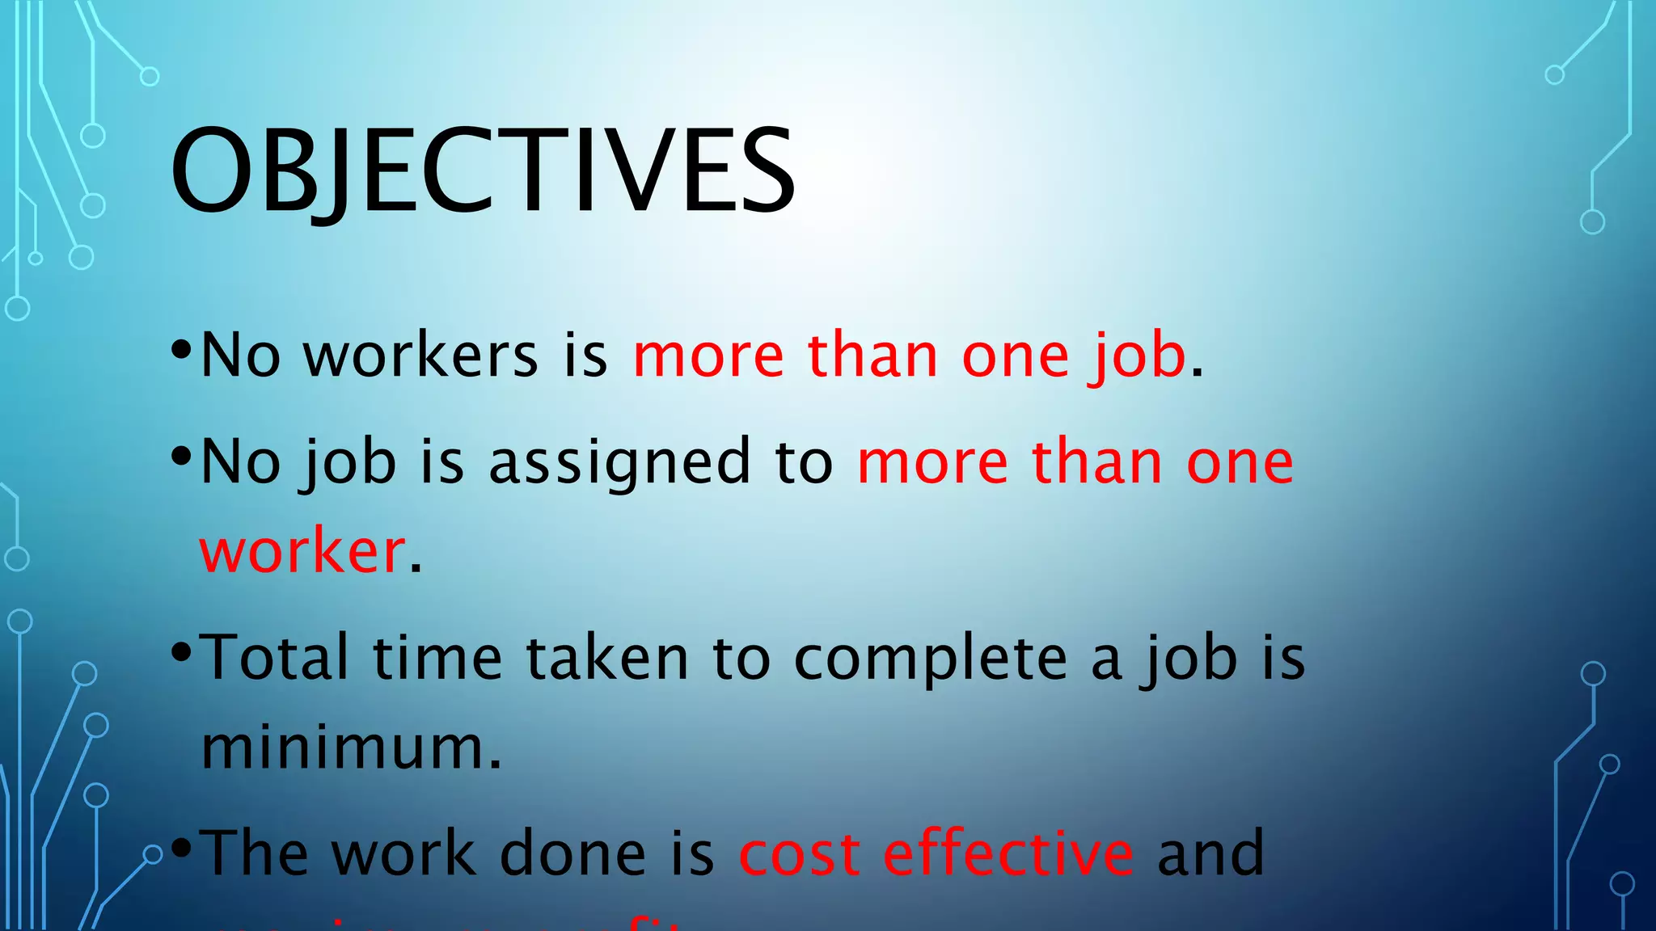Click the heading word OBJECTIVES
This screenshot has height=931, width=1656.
coord(483,171)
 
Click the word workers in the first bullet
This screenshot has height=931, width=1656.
coord(420,356)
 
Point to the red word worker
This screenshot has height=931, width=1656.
coord(302,551)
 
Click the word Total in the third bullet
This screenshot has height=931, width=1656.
coord(274,658)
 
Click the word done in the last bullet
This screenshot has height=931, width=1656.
coord(572,853)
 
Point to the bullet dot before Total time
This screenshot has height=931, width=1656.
coord(181,651)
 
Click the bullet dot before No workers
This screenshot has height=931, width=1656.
coord(181,349)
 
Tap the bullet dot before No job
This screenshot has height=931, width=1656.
coord(181,455)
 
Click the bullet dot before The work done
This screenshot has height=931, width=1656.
coord(181,848)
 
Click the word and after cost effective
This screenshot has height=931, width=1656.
coord(1210,853)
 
